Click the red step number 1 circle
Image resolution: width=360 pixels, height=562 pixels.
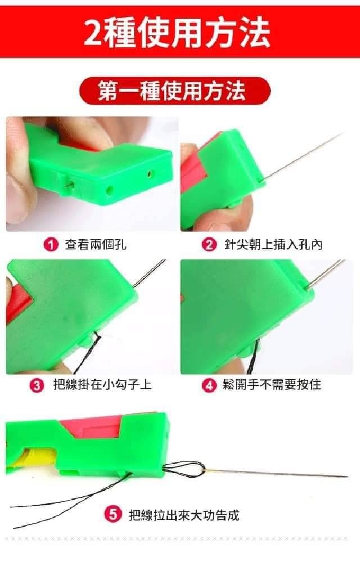(x=51, y=245)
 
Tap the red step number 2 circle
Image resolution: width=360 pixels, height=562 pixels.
(x=209, y=245)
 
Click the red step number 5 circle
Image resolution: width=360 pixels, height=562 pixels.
(x=112, y=515)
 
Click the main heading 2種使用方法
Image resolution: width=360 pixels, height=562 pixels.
(x=177, y=33)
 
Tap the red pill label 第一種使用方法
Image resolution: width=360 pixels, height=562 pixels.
(x=174, y=91)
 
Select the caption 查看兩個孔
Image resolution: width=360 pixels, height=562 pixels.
(x=95, y=245)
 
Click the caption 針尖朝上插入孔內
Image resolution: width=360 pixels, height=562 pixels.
(x=273, y=245)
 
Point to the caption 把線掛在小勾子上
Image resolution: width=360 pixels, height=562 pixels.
(x=102, y=385)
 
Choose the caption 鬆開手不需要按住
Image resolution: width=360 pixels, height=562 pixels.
(x=272, y=385)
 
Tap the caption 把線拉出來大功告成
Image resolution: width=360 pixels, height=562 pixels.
(x=184, y=515)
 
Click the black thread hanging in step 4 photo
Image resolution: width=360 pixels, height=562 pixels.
(x=255, y=356)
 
